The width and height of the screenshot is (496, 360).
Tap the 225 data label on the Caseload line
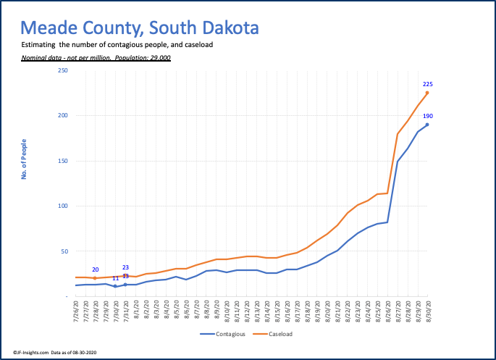pos(427,84)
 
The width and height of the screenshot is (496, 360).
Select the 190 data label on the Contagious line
pos(427,116)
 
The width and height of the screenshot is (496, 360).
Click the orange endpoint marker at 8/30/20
pos(427,93)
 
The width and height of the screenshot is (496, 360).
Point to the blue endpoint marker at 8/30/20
pos(427,125)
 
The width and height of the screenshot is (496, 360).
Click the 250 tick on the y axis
pos(63,70)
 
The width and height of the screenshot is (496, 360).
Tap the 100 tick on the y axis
pos(63,206)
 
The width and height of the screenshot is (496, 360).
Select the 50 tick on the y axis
pos(64,251)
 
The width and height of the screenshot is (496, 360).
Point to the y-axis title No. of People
pos(24,158)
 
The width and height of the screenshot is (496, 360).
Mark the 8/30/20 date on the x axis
pos(427,313)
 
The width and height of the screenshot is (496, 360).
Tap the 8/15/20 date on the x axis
pos(277,313)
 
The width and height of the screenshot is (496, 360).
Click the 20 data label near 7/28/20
pos(96,269)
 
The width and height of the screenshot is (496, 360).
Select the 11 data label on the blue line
pos(115,278)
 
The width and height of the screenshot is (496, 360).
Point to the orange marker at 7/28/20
pos(95,278)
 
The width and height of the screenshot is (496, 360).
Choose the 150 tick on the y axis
pos(63,161)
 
